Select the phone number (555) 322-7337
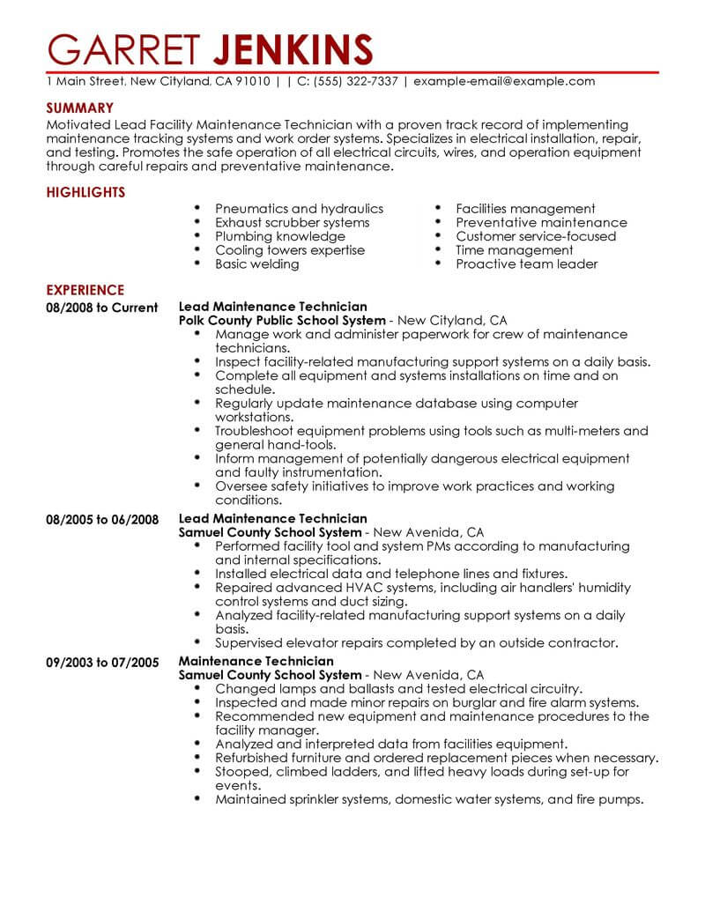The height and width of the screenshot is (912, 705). [x=347, y=81]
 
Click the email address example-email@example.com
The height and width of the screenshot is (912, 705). [x=504, y=81]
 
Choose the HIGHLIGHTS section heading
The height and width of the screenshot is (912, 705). [x=85, y=192]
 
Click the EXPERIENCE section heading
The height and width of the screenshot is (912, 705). [x=85, y=290]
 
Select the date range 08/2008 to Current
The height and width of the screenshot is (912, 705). [x=101, y=308]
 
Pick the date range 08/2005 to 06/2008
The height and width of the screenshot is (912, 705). [x=102, y=520]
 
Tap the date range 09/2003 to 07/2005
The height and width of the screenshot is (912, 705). [x=102, y=662]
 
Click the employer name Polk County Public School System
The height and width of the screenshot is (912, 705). [x=282, y=321]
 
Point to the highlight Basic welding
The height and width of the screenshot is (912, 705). [x=257, y=264]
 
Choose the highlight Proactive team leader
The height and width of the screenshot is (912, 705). [x=527, y=264]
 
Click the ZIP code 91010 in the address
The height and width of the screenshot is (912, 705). [x=254, y=81]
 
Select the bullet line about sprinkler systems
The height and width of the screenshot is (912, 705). [x=429, y=801]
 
